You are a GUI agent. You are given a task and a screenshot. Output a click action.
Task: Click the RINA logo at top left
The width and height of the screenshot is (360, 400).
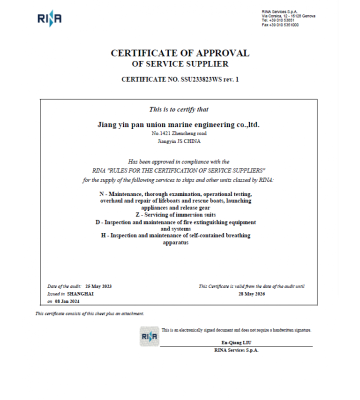pos(49,19)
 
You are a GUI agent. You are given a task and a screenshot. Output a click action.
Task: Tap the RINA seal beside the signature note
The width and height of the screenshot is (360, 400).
pos(149,336)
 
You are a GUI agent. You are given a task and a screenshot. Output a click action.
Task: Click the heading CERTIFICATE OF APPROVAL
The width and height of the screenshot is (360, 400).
pos(179,53)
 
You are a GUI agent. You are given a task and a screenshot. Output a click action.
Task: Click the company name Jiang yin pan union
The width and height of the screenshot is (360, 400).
pos(178,124)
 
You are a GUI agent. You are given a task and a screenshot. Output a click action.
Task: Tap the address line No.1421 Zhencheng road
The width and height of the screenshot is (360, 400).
pos(179,133)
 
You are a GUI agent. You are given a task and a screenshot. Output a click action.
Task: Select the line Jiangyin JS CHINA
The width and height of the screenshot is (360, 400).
pos(179,141)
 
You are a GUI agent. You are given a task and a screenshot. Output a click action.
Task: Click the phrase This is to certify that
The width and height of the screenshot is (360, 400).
pos(179,109)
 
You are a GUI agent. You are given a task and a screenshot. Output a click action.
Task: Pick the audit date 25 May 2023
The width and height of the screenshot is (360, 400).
pos(98,286)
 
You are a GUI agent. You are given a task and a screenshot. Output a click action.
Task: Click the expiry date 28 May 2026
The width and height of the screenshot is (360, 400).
pos(251,294)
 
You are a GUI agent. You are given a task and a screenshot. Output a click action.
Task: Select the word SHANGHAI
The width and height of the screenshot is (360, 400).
pos(80,294)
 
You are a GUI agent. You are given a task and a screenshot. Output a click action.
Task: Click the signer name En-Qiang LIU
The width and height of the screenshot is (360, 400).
pos(236,342)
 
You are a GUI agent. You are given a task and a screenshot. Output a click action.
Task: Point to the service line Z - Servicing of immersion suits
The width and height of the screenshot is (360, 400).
pos(175,214)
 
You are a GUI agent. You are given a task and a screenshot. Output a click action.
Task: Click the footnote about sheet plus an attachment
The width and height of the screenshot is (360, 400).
pos(89,313)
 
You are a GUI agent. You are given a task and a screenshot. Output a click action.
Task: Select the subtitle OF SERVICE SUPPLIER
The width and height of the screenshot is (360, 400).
pos(179,64)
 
